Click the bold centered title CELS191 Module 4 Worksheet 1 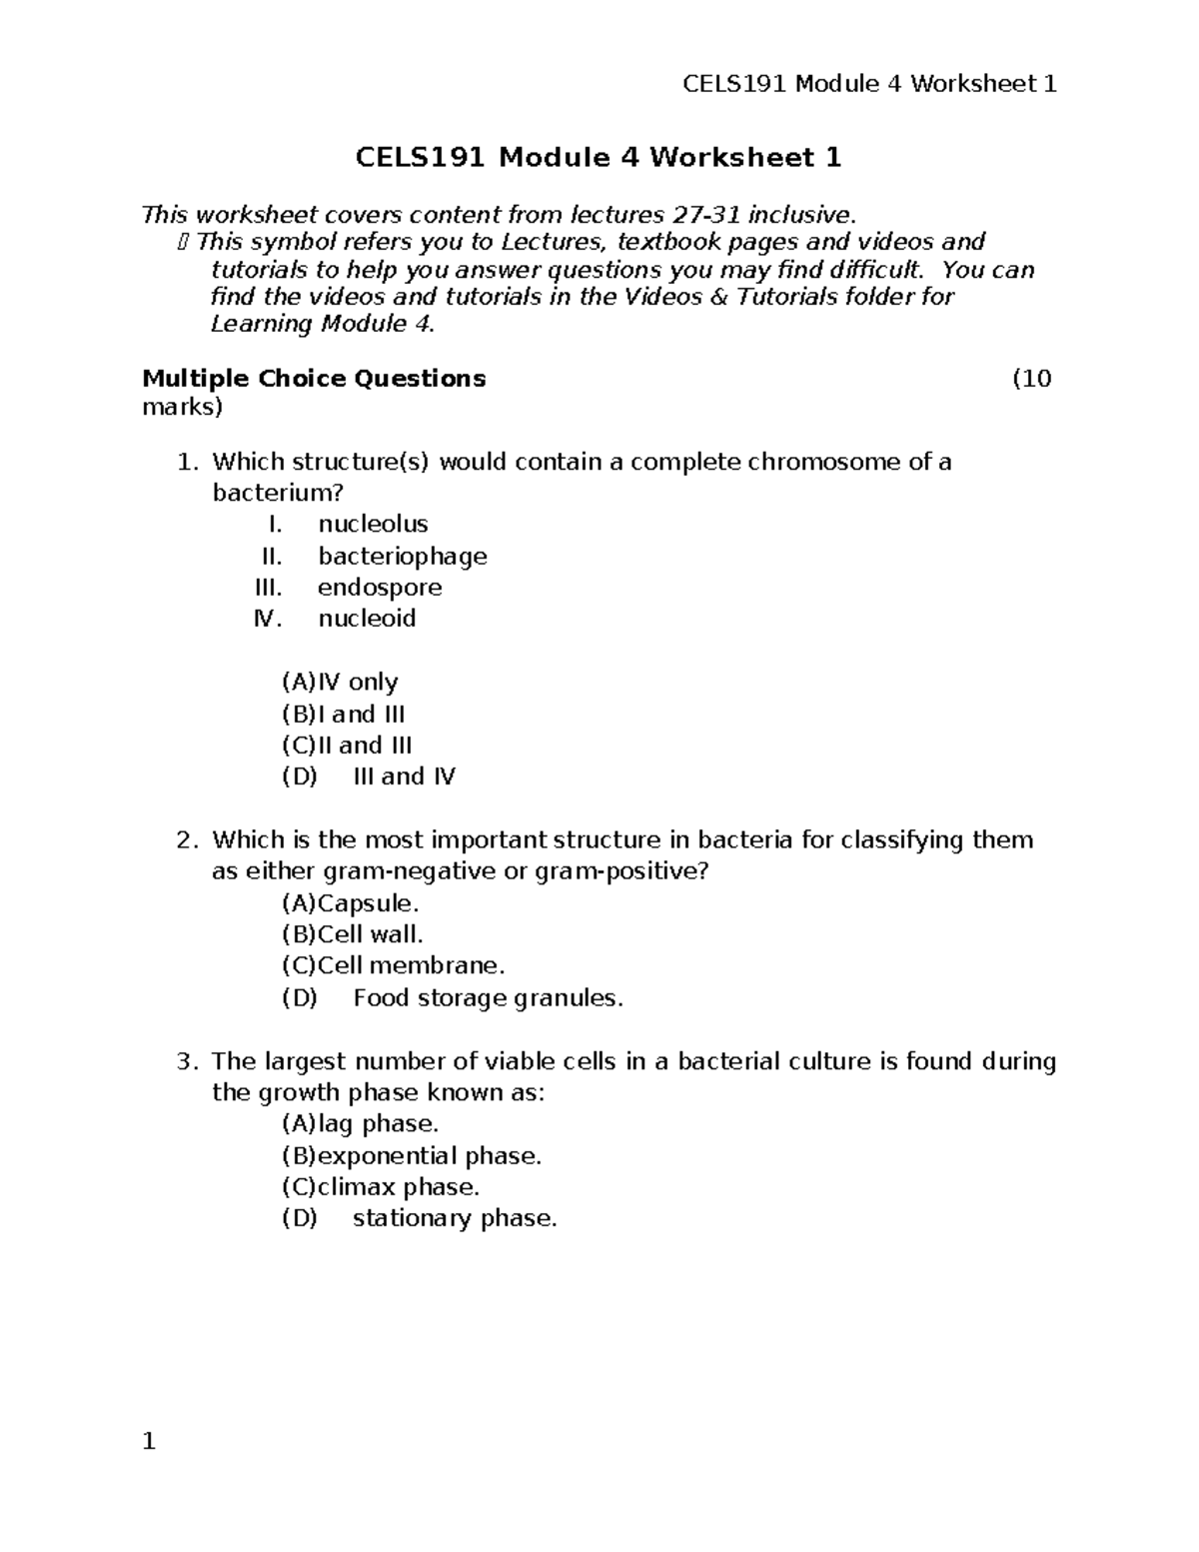point(599,157)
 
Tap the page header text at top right point(868,84)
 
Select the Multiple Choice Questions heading point(314,379)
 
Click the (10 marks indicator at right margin point(1031,379)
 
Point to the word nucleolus point(373,525)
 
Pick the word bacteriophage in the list point(402,557)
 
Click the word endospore point(380,588)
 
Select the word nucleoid point(367,619)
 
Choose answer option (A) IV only point(340,683)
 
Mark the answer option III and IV point(404,776)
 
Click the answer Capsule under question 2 point(351,903)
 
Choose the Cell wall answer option point(353,935)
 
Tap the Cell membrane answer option point(394,966)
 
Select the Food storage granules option point(488,998)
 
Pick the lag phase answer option point(360,1124)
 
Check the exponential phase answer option point(412,1156)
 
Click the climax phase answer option point(381,1187)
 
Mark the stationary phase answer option point(455,1219)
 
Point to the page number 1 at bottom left point(149,1441)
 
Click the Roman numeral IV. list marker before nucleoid point(268,619)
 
